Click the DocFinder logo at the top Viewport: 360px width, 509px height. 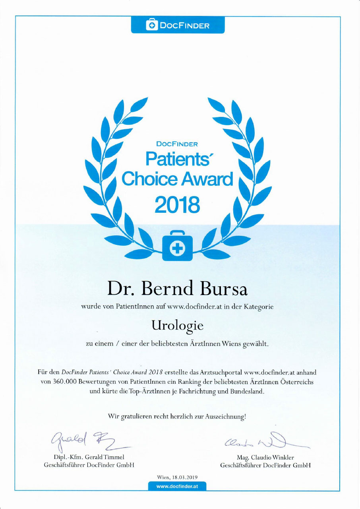point(178,26)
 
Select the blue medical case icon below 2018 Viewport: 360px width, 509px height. point(177,246)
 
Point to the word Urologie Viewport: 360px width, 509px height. point(177,326)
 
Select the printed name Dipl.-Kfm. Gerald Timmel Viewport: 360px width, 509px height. point(89,457)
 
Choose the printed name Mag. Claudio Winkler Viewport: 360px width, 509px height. point(265,457)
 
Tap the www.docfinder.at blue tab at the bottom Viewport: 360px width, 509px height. point(177,486)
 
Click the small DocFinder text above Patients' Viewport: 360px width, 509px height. point(177,144)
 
